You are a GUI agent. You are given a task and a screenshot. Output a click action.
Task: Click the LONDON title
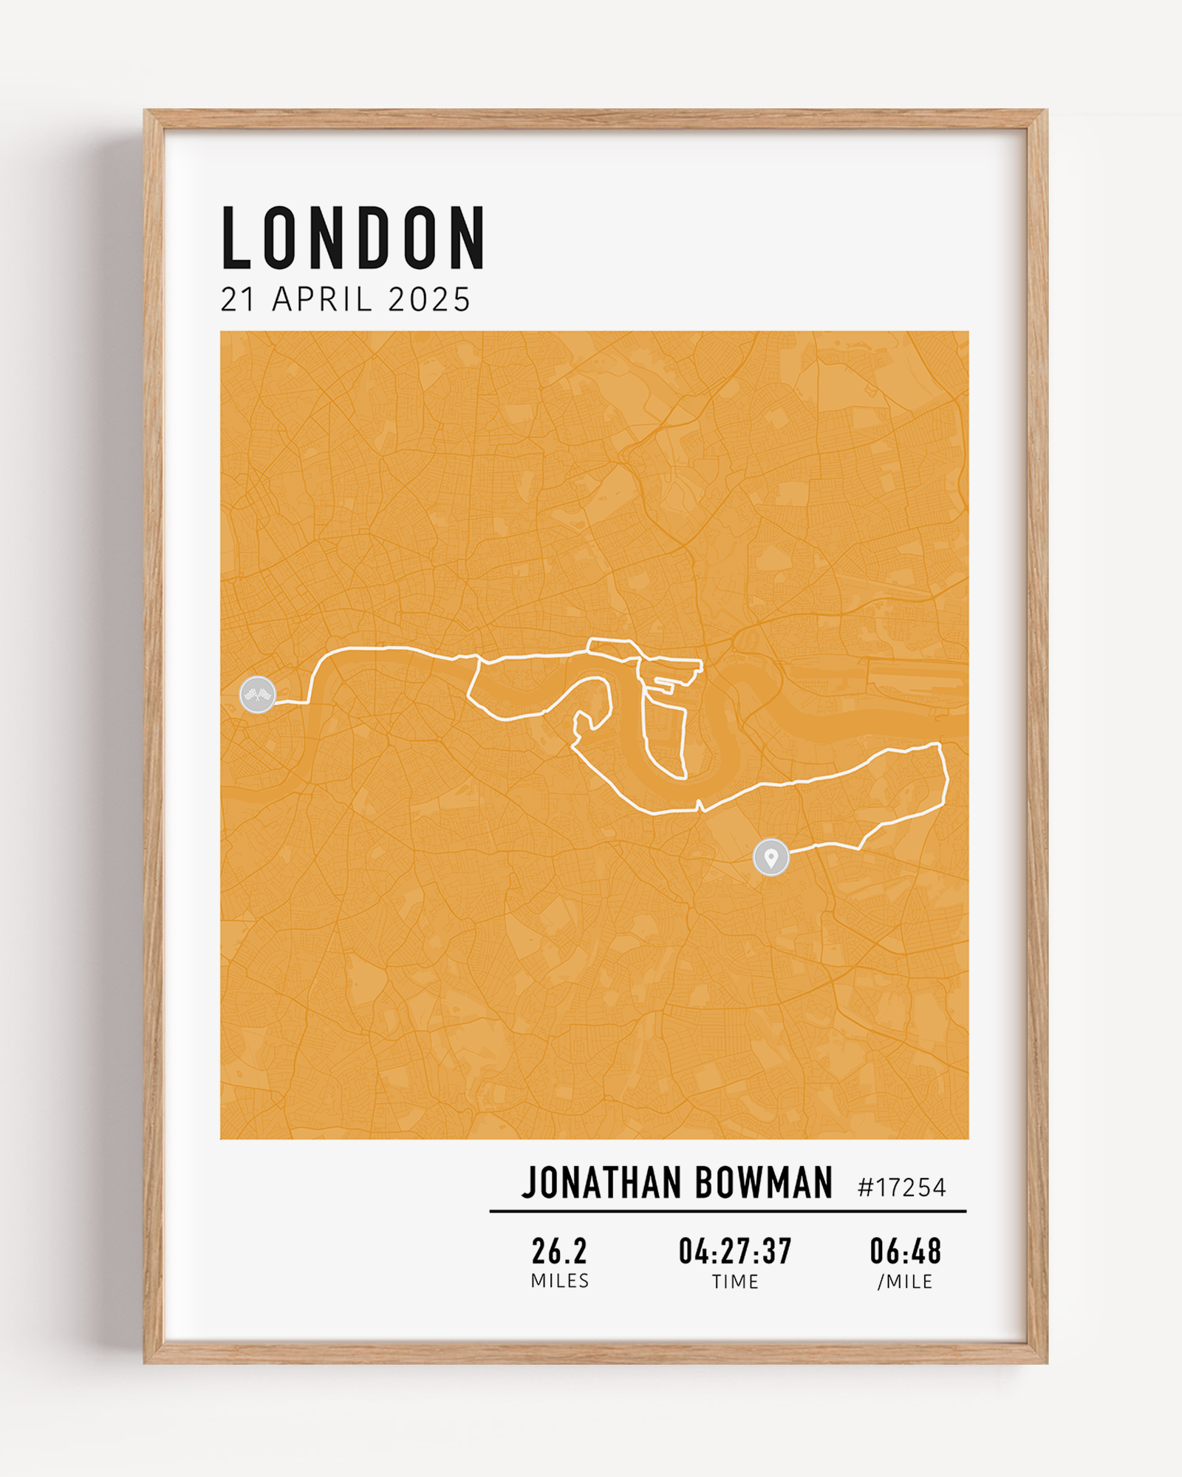click(x=353, y=238)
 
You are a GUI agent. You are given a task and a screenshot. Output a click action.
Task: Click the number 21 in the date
click(x=238, y=300)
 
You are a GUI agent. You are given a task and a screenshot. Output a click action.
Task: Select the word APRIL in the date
click(x=322, y=300)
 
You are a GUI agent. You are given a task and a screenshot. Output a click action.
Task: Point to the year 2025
click(x=429, y=300)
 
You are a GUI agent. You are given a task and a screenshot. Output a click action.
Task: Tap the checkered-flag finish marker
click(x=258, y=694)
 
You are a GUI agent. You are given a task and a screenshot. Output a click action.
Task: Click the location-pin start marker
click(x=771, y=857)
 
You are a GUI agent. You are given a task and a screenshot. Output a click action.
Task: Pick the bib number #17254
click(x=901, y=1188)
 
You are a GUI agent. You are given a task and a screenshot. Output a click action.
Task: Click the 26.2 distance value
click(x=559, y=1251)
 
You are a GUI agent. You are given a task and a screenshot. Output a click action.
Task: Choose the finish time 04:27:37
click(x=735, y=1251)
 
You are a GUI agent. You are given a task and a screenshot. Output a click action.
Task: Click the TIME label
click(x=735, y=1282)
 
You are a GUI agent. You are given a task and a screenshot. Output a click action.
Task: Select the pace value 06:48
click(x=905, y=1251)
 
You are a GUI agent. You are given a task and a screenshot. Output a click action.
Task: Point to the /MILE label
click(x=905, y=1282)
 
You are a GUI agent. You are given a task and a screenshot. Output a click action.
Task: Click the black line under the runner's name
click(x=728, y=1211)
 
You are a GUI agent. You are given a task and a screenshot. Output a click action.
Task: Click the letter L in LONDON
click(x=237, y=238)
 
